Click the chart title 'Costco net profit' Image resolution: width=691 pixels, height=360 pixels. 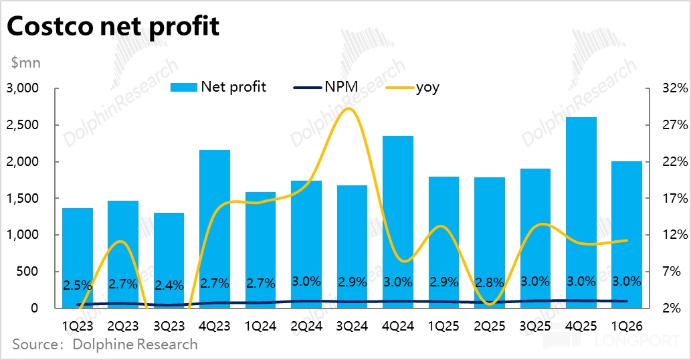coord(113,27)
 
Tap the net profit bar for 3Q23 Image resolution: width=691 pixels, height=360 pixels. coord(169,260)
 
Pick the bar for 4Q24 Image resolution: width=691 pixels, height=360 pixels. coord(398,221)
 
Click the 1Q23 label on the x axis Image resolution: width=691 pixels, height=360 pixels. coord(78,327)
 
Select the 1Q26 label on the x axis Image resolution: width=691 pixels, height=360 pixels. coord(627,327)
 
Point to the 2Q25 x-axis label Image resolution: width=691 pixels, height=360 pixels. coord(490,327)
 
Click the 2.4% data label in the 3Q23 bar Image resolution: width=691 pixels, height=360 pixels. coord(169,285)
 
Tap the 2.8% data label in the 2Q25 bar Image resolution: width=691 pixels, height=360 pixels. coord(490,282)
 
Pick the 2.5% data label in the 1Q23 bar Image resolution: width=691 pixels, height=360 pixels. coord(78,285)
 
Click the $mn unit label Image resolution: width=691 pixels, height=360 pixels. coord(25,64)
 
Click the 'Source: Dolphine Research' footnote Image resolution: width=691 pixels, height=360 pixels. coord(105,345)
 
